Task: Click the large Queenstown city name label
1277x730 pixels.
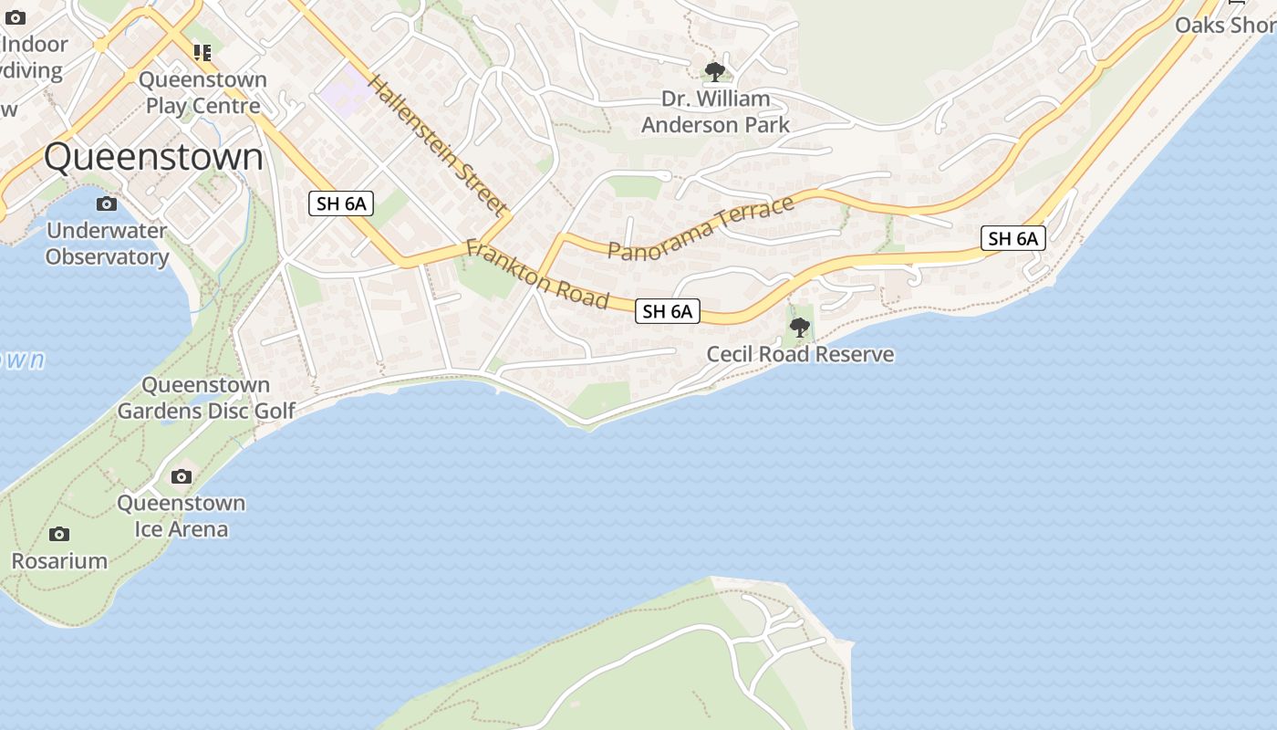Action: point(153,157)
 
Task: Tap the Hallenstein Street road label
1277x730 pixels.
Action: point(437,146)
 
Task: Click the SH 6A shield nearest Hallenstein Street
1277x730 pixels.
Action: point(341,203)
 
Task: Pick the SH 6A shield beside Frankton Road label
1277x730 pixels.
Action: point(668,311)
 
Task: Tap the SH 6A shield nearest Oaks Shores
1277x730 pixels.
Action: point(1013,238)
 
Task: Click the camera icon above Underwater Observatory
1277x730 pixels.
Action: point(107,203)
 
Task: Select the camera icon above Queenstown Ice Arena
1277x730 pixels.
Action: point(182,476)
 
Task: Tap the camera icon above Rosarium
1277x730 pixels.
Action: point(59,534)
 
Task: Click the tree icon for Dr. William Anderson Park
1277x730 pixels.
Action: point(715,71)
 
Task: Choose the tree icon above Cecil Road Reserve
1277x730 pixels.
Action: point(800,327)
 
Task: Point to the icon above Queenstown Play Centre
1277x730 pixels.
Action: point(202,53)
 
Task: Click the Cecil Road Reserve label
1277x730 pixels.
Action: point(800,354)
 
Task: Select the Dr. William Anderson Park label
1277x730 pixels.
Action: point(715,111)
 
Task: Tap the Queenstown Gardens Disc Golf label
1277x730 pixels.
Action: point(206,398)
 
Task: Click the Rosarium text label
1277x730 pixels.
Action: point(59,560)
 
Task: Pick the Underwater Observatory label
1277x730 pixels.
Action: point(107,244)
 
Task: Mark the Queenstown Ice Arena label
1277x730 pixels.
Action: point(182,516)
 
